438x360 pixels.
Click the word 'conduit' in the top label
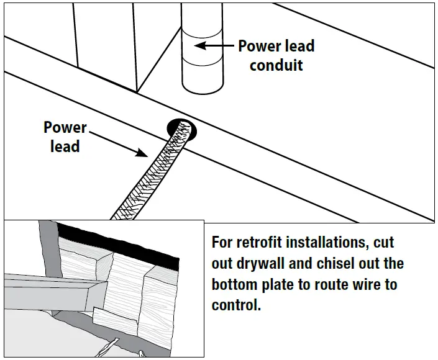coord(276,65)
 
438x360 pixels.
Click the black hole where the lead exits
coord(181,128)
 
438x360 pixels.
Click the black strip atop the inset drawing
coord(118,245)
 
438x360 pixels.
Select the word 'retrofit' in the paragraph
coord(265,242)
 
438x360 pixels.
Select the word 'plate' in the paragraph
coord(282,286)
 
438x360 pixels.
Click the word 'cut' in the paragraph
coord(383,242)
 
